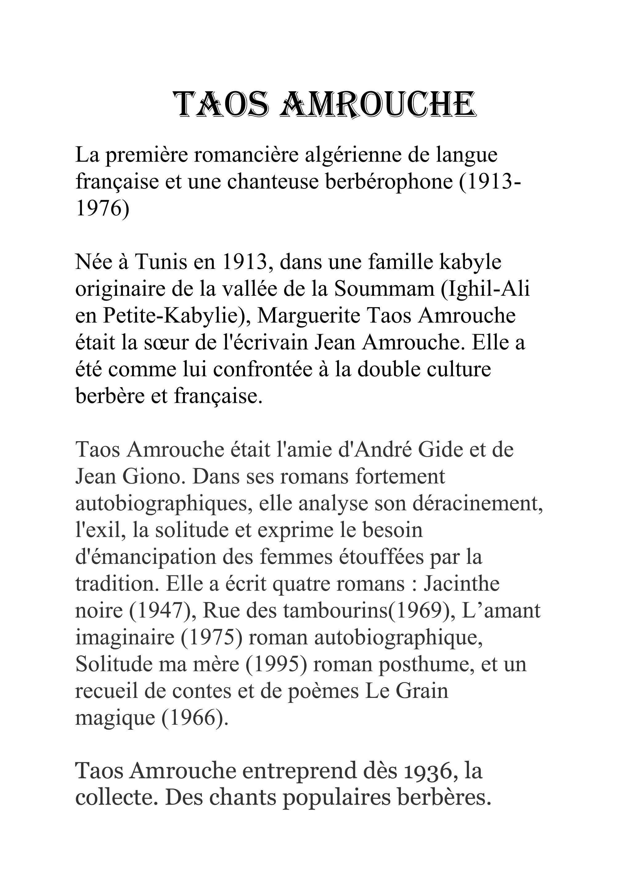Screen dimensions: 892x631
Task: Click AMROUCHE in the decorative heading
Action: (378, 105)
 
